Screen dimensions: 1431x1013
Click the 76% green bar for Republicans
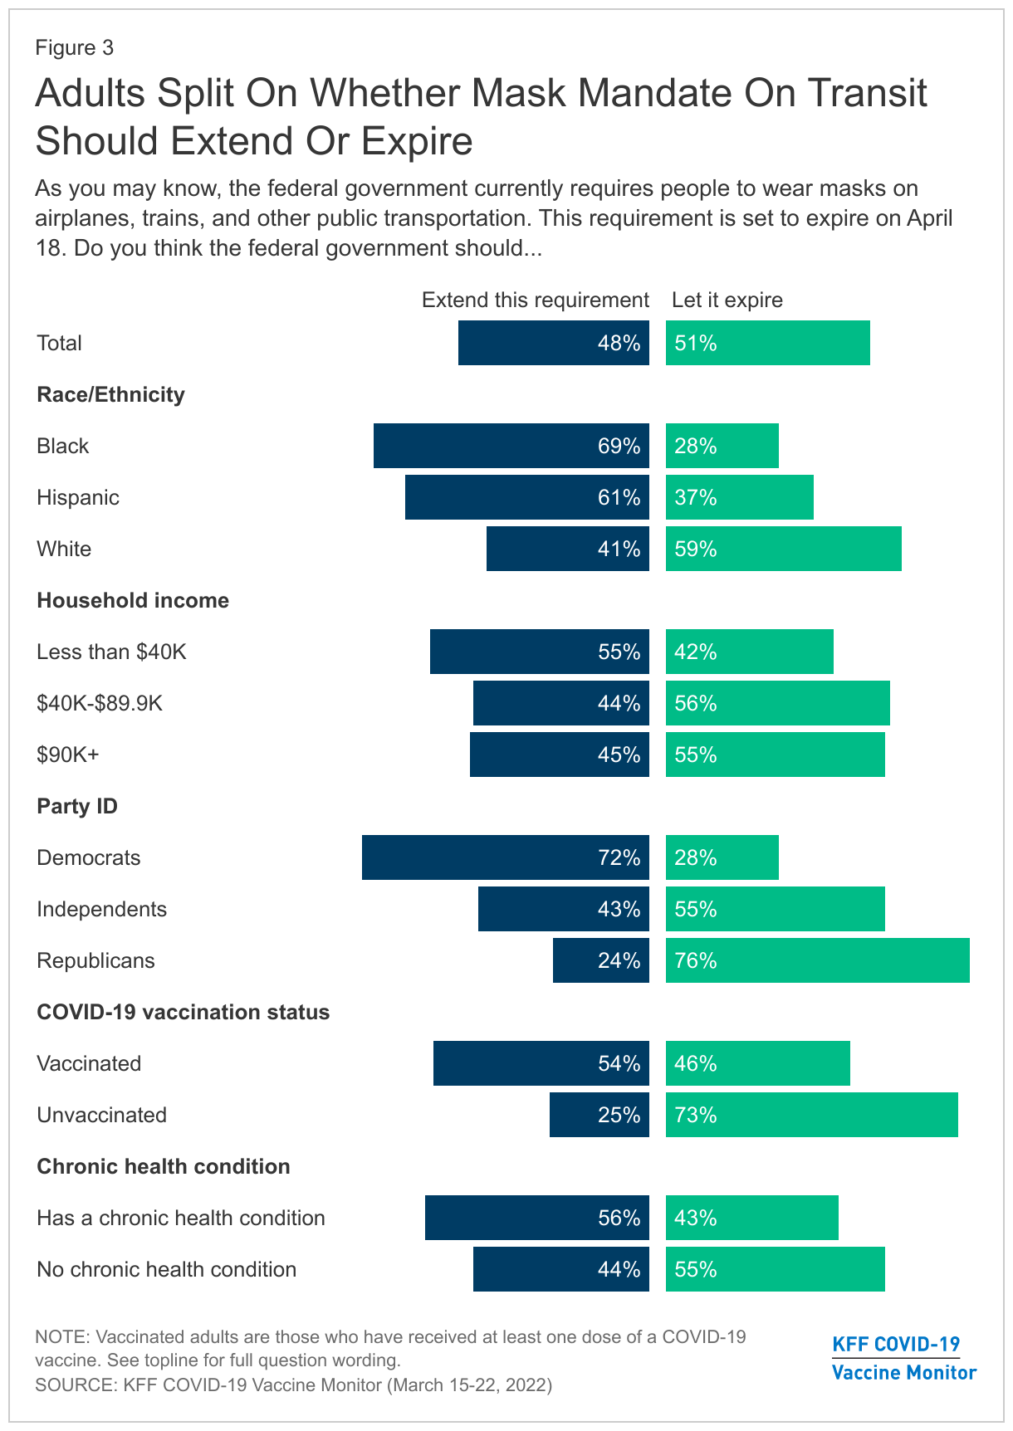817,960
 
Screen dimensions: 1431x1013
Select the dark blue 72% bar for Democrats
505,857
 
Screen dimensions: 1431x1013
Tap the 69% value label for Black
619,447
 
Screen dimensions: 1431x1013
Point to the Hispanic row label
78,497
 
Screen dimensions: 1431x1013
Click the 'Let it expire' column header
727,300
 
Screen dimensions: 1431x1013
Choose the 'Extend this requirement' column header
535,300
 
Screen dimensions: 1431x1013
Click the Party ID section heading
77,806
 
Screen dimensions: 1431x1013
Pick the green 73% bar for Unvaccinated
811,1115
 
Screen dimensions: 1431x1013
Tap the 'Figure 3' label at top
75,47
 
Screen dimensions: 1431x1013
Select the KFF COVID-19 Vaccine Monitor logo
903,1358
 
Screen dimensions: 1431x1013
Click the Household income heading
133,600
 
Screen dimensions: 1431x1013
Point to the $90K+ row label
68,755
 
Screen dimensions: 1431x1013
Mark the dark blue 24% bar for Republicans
600,960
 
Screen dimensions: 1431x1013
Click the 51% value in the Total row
696,343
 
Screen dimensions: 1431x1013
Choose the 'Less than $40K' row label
111,652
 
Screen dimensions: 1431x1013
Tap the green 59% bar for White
783,549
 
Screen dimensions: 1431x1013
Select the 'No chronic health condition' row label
166,1269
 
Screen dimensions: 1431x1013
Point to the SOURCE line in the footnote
293,1385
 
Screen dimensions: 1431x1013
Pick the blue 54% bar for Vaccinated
541,1063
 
